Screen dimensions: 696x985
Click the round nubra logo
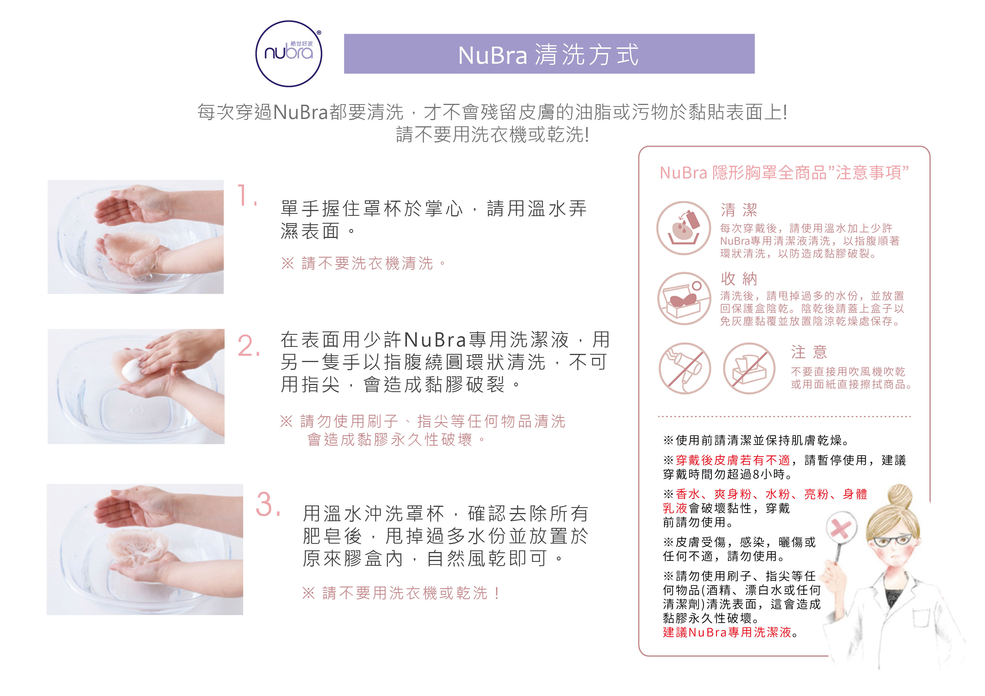point(288,54)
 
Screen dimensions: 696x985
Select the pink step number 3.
point(267,505)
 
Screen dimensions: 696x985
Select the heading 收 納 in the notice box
point(739,279)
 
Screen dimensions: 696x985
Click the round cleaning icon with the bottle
point(684,228)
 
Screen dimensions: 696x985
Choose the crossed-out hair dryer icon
point(685,368)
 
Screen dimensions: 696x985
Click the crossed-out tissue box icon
point(749,368)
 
